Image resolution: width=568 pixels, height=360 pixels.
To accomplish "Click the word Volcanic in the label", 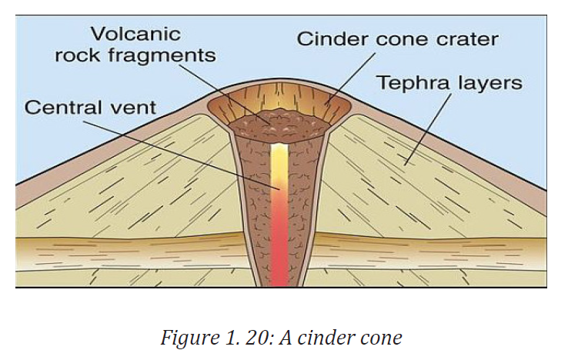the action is [135, 34].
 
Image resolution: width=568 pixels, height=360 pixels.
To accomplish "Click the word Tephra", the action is [414, 84].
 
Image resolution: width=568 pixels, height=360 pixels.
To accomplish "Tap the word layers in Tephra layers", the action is [490, 84].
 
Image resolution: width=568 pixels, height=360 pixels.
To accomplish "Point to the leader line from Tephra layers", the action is [428, 129].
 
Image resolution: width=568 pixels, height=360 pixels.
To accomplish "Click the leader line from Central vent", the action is [182, 155].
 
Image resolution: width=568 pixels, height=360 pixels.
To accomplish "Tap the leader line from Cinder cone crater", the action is [350, 79].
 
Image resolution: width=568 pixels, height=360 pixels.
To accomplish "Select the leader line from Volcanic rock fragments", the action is [225, 95].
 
